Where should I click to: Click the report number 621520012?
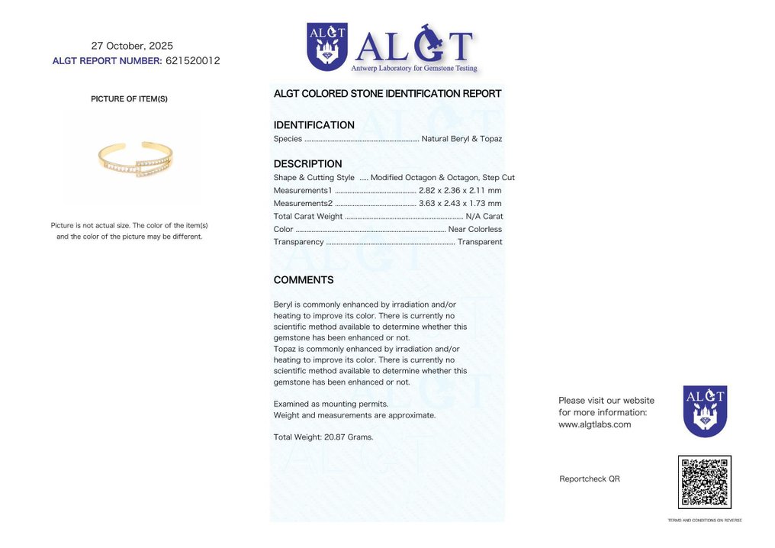(192, 61)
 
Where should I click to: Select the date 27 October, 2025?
(132, 46)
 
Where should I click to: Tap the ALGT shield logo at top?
(327, 47)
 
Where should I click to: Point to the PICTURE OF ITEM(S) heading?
(129, 99)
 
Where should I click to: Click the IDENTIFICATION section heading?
(314, 125)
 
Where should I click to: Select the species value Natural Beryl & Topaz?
(461, 139)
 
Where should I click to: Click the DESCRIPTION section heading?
(307, 164)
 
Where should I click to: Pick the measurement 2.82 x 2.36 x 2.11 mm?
(460, 190)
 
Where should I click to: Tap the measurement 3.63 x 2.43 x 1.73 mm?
(460, 203)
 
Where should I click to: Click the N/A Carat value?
(484, 216)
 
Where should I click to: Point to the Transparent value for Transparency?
(479, 242)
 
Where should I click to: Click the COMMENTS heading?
(304, 280)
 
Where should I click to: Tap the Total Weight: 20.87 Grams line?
(323, 437)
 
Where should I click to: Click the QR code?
(704, 482)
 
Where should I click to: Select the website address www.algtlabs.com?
(594, 424)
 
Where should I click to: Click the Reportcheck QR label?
(589, 479)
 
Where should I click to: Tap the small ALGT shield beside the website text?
(705, 411)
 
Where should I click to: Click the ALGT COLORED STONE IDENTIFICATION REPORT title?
(387, 94)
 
